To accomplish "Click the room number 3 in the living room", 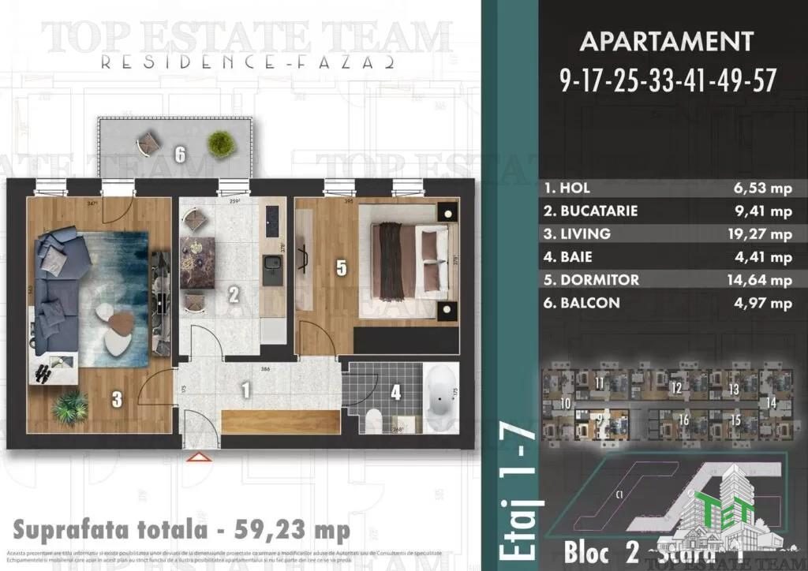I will (x=117, y=400).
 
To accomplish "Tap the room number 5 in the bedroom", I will (x=342, y=268).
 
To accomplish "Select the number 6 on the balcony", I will (x=181, y=155).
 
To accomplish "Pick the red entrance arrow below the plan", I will (x=196, y=456).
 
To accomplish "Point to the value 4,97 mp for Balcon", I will (x=764, y=303).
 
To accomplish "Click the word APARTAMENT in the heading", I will (x=666, y=41).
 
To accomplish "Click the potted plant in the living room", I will (x=70, y=407).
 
